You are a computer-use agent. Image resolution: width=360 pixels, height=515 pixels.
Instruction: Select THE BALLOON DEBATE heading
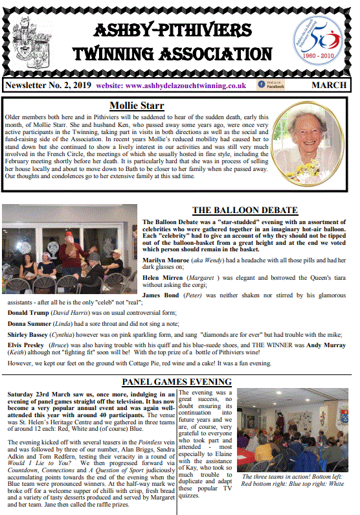pos(245,211)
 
